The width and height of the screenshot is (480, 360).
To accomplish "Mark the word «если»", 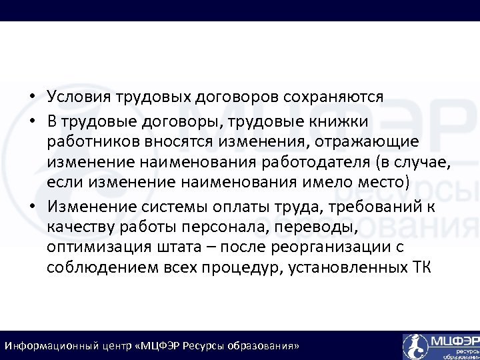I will click(62, 183).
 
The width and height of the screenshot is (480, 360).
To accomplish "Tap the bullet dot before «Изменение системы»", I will click(32, 205).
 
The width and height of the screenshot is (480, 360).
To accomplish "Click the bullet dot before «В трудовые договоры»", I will click(32, 121).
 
